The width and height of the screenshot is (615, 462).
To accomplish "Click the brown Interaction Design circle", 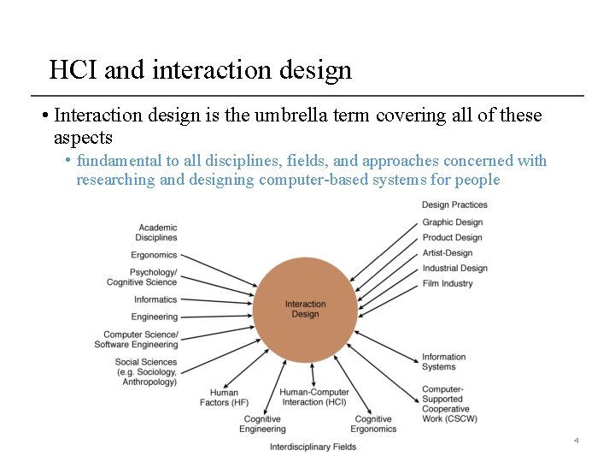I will [x=306, y=309].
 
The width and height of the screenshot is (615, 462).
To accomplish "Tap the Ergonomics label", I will [x=154, y=255].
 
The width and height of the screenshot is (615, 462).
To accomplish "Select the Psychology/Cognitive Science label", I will [x=142, y=277].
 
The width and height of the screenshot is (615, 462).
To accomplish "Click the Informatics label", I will [x=155, y=299].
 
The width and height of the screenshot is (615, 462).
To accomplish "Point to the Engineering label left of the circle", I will [x=155, y=317].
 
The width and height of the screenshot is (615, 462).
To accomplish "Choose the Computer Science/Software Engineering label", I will [x=137, y=340].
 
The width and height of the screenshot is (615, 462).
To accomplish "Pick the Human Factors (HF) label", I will [x=225, y=398].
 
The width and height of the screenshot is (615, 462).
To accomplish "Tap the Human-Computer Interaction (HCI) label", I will [x=313, y=398].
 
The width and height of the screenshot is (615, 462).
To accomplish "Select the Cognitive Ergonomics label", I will [x=373, y=424].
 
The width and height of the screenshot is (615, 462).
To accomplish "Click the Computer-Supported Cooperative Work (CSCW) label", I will [x=449, y=404].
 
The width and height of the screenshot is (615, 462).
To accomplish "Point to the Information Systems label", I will [x=444, y=362].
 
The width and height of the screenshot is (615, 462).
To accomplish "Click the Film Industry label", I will [x=448, y=283].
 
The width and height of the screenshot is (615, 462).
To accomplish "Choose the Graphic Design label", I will [x=453, y=222].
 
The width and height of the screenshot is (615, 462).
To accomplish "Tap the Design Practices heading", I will [x=454, y=204].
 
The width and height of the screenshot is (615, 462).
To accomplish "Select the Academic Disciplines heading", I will [x=156, y=233].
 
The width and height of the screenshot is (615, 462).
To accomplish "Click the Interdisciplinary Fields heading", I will [x=313, y=447].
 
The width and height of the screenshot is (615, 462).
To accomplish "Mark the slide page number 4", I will [x=576, y=441].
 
